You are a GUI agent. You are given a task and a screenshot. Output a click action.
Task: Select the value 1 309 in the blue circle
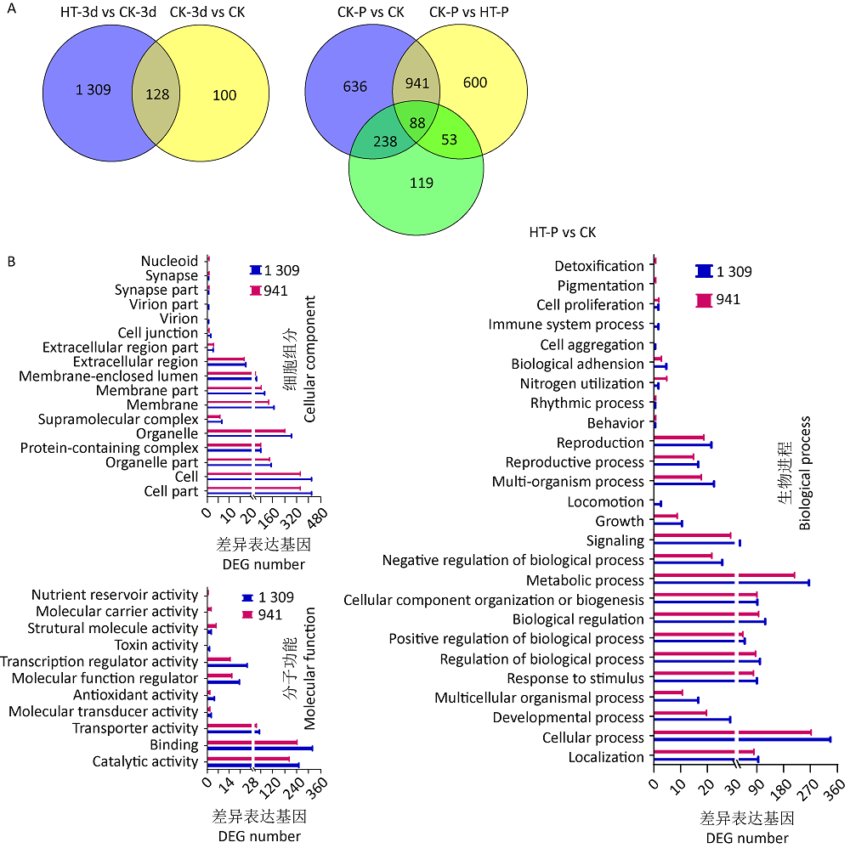pos(92,89)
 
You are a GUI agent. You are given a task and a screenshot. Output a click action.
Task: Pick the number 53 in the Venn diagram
pos(450,138)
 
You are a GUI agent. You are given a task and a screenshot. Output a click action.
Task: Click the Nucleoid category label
pos(169,261)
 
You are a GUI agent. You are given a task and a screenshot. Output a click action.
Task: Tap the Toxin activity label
pos(156,645)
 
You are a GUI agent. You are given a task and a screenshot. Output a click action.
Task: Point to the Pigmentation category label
pos(600,285)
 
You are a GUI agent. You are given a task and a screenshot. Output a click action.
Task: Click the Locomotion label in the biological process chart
pos(606,502)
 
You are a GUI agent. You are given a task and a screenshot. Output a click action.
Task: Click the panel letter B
pos(11,262)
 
